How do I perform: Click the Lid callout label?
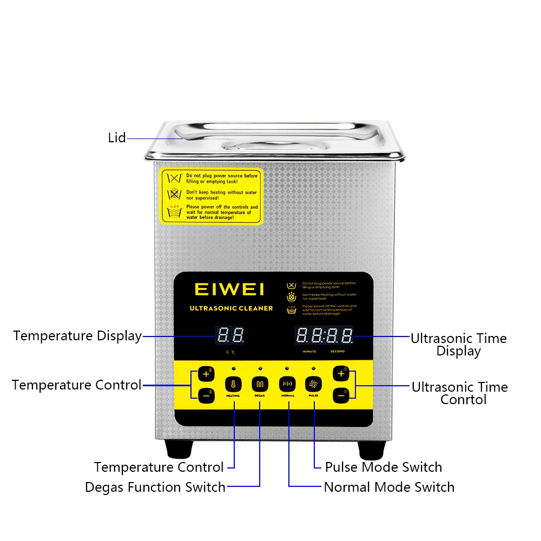point(117,138)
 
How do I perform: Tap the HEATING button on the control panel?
point(233,384)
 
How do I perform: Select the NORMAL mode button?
point(287,384)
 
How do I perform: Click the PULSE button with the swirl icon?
point(313,384)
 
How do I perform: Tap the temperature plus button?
point(206,373)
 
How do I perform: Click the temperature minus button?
point(206,395)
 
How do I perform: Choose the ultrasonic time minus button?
point(341,395)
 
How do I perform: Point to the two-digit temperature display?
point(230,336)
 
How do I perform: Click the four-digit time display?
point(324,336)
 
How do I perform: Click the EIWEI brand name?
point(229,289)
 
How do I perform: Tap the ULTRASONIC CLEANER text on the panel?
point(231,308)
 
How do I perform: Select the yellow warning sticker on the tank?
point(212,196)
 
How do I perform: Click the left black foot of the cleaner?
point(179,448)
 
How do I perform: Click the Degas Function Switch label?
point(155,487)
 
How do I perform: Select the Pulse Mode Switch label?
point(383,467)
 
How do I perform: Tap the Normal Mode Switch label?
point(389,487)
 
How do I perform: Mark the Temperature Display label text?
point(77,336)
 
